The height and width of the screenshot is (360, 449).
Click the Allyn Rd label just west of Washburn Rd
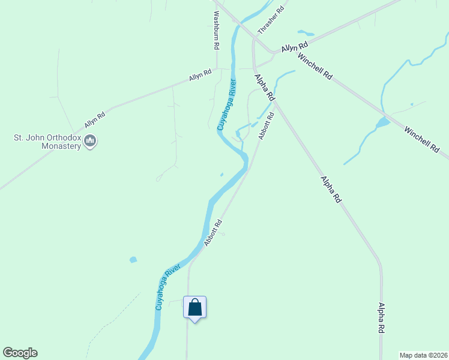pos(200,76)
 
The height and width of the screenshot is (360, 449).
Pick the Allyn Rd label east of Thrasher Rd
pos(294,46)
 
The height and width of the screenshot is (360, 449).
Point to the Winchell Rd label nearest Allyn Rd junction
pos(315,67)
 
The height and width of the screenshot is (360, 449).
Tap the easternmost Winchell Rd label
pos(421,139)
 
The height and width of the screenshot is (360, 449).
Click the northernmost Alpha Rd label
pos(265,87)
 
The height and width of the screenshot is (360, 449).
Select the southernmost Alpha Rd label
pos(381,317)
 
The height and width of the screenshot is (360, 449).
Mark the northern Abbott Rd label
pos(266,126)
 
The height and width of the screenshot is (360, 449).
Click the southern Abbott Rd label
pos(213,232)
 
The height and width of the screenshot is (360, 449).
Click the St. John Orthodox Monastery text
pos(47,142)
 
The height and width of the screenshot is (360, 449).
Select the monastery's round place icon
pos(91,142)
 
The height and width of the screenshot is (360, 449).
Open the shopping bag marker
pos(194,308)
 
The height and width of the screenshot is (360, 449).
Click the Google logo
pos(20,353)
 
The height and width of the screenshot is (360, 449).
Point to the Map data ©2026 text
pos(423,355)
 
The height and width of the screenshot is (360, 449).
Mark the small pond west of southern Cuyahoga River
pos(133,260)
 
